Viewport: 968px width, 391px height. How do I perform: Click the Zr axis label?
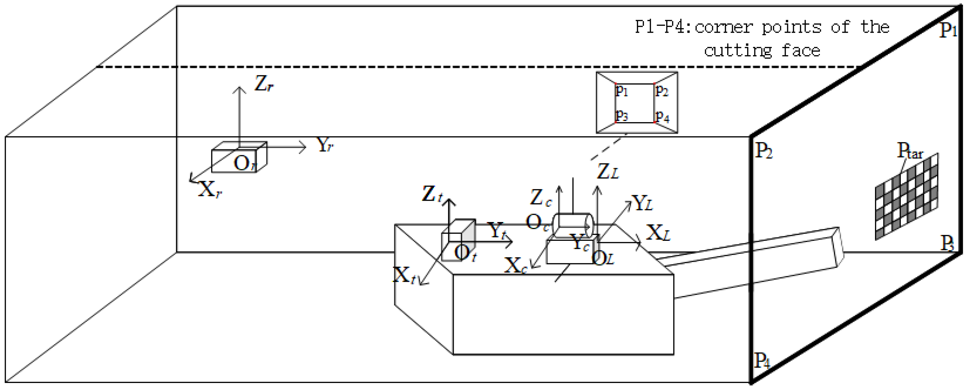(264, 83)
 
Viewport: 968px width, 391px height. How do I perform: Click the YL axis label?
(642, 203)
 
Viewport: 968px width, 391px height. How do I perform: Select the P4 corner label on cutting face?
(762, 360)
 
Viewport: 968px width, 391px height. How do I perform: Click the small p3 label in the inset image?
(622, 115)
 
